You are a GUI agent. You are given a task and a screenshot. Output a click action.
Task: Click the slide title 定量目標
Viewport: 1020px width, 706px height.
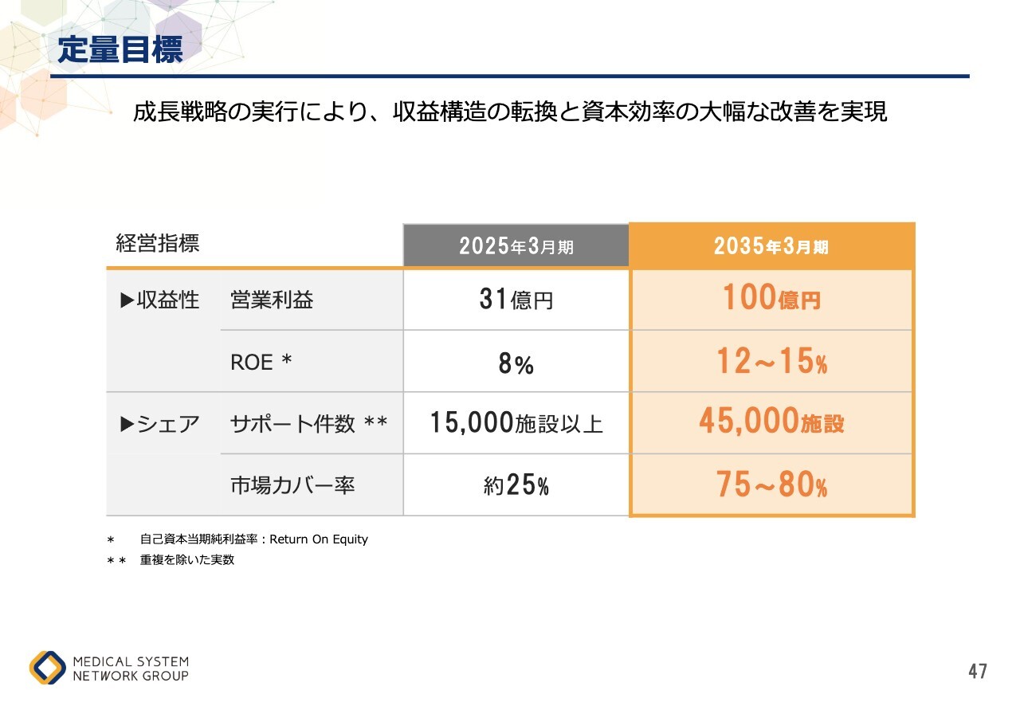point(120,50)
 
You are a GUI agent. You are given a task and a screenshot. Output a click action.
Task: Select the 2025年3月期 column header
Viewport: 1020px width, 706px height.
point(516,246)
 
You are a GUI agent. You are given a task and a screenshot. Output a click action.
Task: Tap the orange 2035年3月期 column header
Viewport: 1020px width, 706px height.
point(771,246)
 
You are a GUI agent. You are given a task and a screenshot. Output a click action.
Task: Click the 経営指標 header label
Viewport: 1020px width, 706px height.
point(157,244)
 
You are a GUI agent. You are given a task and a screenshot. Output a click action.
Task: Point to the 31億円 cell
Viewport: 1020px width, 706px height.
point(516,300)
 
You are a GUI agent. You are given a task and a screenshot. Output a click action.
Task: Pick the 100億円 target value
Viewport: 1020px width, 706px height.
point(771,299)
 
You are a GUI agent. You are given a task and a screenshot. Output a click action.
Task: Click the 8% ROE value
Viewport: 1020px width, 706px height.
point(516,364)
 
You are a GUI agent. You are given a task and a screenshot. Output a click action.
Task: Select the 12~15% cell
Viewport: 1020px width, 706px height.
point(771,363)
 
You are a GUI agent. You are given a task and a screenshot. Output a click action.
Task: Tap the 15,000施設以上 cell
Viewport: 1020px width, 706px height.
point(516,423)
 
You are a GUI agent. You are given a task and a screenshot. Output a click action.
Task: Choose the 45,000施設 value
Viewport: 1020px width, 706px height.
point(771,422)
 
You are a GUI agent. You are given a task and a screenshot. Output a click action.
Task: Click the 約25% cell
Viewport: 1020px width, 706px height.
point(516,485)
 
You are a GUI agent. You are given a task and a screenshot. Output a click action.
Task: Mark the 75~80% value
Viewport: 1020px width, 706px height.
point(771,484)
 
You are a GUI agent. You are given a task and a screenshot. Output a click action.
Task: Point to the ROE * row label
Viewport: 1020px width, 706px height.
point(261,363)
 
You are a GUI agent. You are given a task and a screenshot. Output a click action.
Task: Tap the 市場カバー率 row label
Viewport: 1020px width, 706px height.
point(292,485)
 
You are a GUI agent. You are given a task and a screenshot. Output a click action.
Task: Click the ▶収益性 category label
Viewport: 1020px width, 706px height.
point(159,300)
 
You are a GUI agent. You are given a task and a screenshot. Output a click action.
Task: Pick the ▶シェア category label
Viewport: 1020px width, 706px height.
point(159,424)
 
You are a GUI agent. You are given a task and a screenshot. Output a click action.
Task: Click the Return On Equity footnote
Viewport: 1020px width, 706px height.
point(253,539)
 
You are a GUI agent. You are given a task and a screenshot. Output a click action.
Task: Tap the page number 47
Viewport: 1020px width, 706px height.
point(978,672)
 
